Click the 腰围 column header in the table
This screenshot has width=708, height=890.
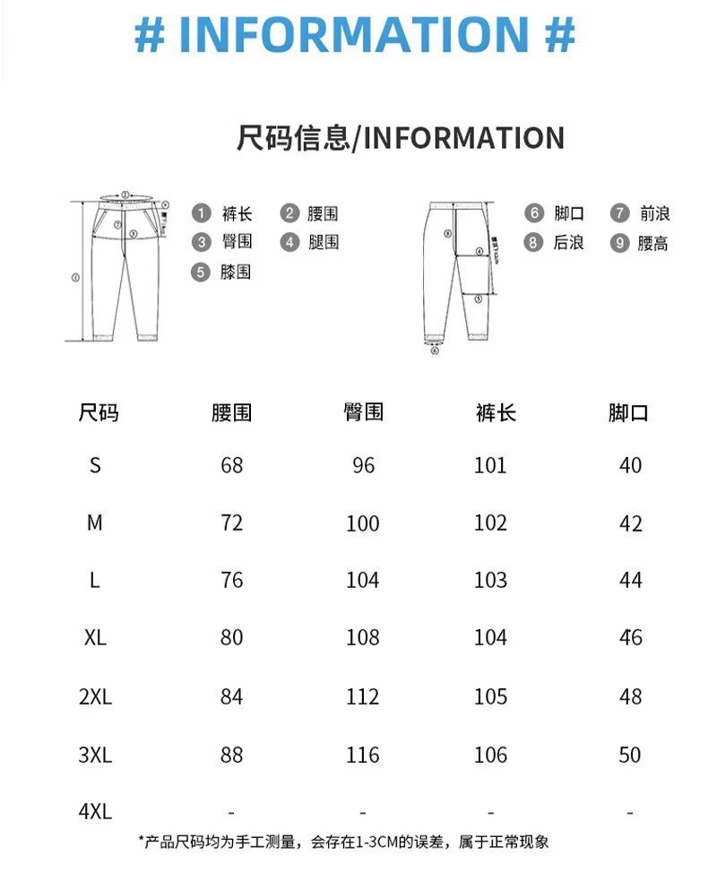[231, 413]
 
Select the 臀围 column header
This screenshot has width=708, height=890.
[363, 412]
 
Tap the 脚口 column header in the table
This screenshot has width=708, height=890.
[628, 413]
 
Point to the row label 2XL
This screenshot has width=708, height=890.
[95, 696]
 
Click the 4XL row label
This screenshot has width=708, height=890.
[95, 812]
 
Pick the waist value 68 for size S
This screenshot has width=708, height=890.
[231, 465]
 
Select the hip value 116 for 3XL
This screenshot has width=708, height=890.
[363, 755]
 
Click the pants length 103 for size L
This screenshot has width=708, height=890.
[490, 580]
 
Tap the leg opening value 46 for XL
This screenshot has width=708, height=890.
[630, 638]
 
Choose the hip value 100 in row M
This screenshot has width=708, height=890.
[363, 523]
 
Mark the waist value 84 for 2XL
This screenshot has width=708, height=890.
[231, 696]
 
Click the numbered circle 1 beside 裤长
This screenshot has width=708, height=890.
[203, 213]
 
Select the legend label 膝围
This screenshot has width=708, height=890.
[236, 272]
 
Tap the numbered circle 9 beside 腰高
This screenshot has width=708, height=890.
[620, 243]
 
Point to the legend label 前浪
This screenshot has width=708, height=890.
[654, 213]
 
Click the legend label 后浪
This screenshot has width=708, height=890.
[569, 243]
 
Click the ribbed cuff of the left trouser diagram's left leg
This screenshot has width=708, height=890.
[100, 337]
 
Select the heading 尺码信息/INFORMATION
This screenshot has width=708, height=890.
[400, 138]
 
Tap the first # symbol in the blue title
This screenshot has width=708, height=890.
[150, 34]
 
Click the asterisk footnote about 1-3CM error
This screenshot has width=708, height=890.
[343, 842]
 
